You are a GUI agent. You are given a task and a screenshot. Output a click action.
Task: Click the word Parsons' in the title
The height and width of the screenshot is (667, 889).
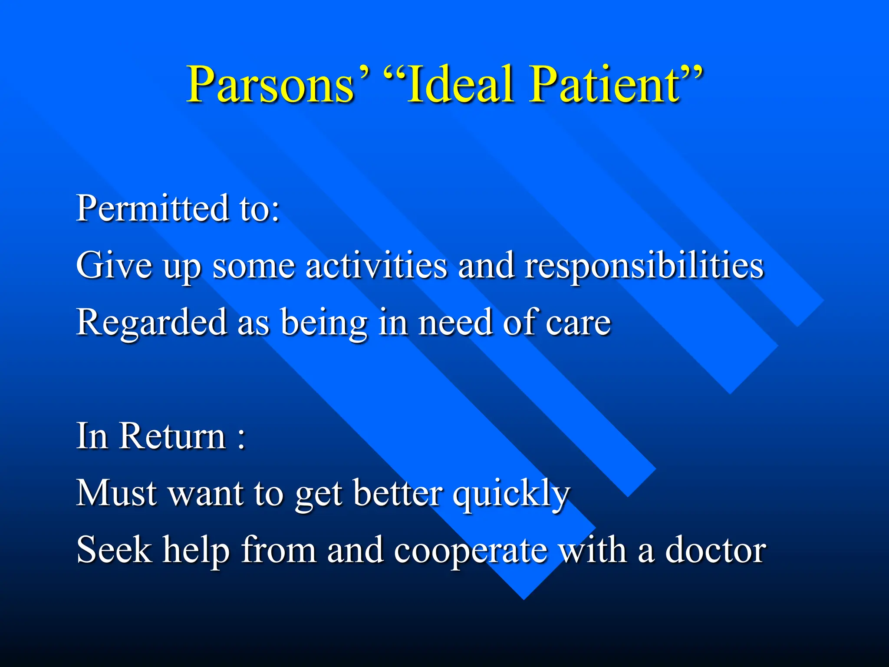(278, 85)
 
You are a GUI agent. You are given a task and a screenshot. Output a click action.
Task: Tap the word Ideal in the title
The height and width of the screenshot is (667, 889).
(460, 85)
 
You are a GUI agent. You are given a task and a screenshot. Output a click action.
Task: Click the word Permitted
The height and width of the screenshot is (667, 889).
(152, 209)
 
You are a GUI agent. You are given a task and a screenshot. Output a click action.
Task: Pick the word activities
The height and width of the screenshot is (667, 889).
(376, 265)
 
